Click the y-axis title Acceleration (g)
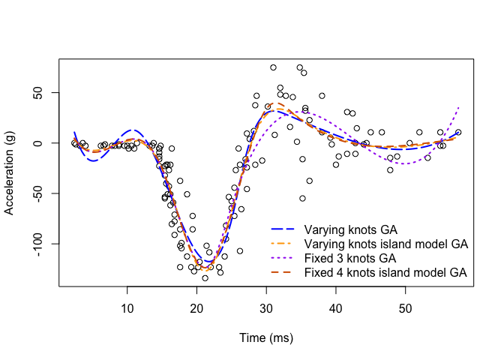10,173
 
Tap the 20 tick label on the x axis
196,308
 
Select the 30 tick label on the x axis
266,308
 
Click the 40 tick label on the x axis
335,308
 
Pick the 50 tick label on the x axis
405,308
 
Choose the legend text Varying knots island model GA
385,244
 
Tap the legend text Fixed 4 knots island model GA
385,273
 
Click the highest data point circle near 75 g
273,67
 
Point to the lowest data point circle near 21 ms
205,277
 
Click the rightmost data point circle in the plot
458,132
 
